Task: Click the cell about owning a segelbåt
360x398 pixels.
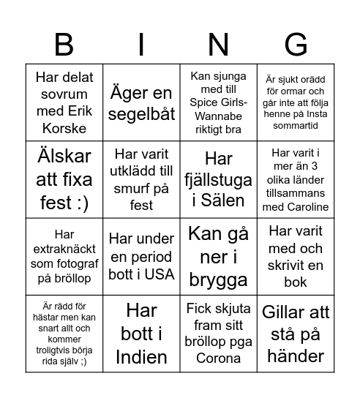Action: [141, 102]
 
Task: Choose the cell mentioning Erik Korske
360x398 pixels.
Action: [64, 102]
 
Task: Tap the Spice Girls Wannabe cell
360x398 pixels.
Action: [219, 102]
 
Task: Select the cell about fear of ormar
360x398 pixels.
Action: [296, 102]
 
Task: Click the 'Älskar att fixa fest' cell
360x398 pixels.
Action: [64, 179]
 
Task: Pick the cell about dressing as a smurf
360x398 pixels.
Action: [141, 179]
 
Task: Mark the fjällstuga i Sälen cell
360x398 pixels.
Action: [219, 179]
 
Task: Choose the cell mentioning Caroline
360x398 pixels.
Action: [296, 179]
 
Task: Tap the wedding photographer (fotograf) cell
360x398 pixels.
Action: [64, 257]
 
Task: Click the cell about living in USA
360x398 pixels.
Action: [141, 257]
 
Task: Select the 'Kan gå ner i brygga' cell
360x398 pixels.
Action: [219, 257]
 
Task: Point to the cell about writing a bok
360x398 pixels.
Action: [296, 257]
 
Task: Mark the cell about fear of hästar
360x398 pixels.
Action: [64, 334]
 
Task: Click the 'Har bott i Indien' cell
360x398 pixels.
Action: [141, 334]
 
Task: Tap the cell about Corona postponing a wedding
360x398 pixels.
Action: [219, 334]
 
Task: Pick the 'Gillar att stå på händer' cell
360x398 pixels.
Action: [296, 334]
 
